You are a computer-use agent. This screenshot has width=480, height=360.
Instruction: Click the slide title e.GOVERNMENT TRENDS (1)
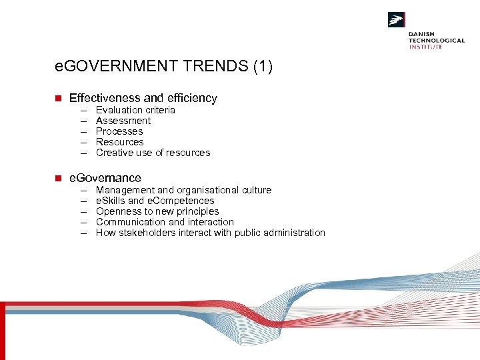(164, 67)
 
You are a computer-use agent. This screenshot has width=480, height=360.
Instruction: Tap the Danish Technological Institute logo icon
(397, 20)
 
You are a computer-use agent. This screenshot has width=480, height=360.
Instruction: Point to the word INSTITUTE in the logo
(425, 47)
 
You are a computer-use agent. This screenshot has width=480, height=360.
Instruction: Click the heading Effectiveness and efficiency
(143, 98)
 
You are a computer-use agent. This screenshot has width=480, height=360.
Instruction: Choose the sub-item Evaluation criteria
(135, 110)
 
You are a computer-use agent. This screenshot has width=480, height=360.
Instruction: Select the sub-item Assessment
(123, 121)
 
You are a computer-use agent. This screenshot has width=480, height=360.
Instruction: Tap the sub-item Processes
(119, 131)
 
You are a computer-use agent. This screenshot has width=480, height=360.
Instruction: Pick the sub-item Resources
(119, 142)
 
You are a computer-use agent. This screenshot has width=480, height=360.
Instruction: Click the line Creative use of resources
(153, 153)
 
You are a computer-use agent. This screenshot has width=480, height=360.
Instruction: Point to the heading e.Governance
(105, 178)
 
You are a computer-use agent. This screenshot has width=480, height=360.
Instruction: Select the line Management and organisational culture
(183, 190)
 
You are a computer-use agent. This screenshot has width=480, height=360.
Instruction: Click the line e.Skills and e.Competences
(155, 201)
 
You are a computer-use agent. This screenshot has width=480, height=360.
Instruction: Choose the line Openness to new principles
(157, 211)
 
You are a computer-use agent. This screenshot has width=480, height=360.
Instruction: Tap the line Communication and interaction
(165, 222)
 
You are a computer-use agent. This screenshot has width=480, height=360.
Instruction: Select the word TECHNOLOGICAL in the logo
(437, 40)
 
